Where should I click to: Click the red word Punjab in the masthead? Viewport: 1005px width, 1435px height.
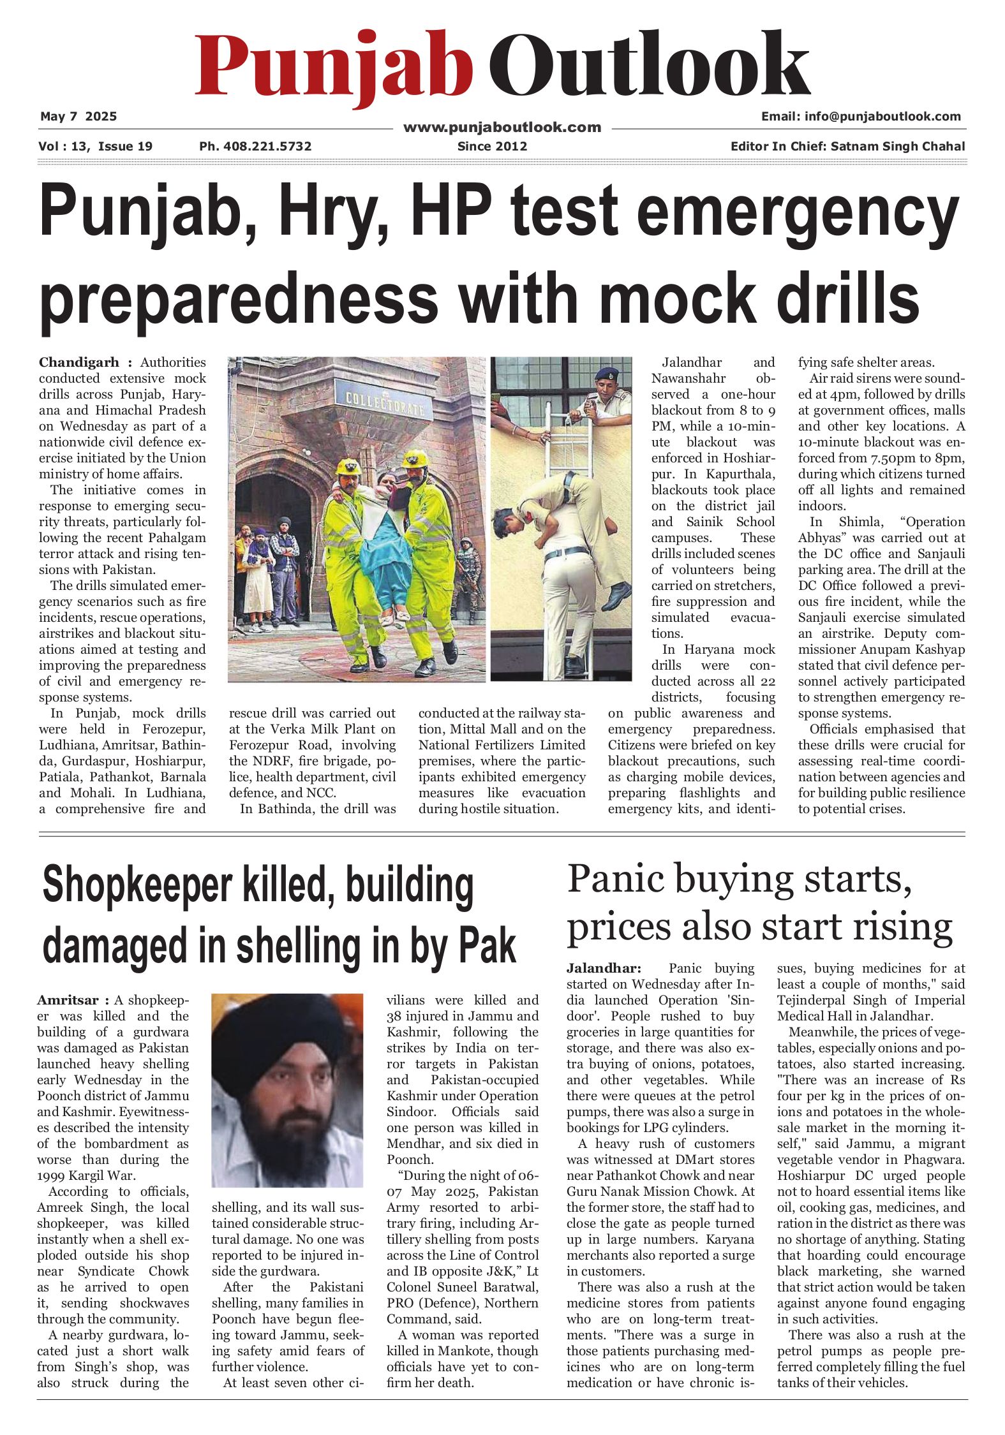tap(333, 67)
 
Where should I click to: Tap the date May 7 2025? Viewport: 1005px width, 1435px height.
tap(78, 116)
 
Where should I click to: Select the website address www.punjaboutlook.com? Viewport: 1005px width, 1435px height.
tap(502, 127)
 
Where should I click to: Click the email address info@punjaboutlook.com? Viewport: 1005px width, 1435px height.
tap(882, 116)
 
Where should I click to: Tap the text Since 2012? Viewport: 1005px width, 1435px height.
tap(492, 146)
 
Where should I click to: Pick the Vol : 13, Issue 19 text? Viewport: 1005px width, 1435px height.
tap(95, 146)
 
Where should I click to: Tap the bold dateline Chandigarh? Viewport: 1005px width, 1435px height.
tap(78, 362)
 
